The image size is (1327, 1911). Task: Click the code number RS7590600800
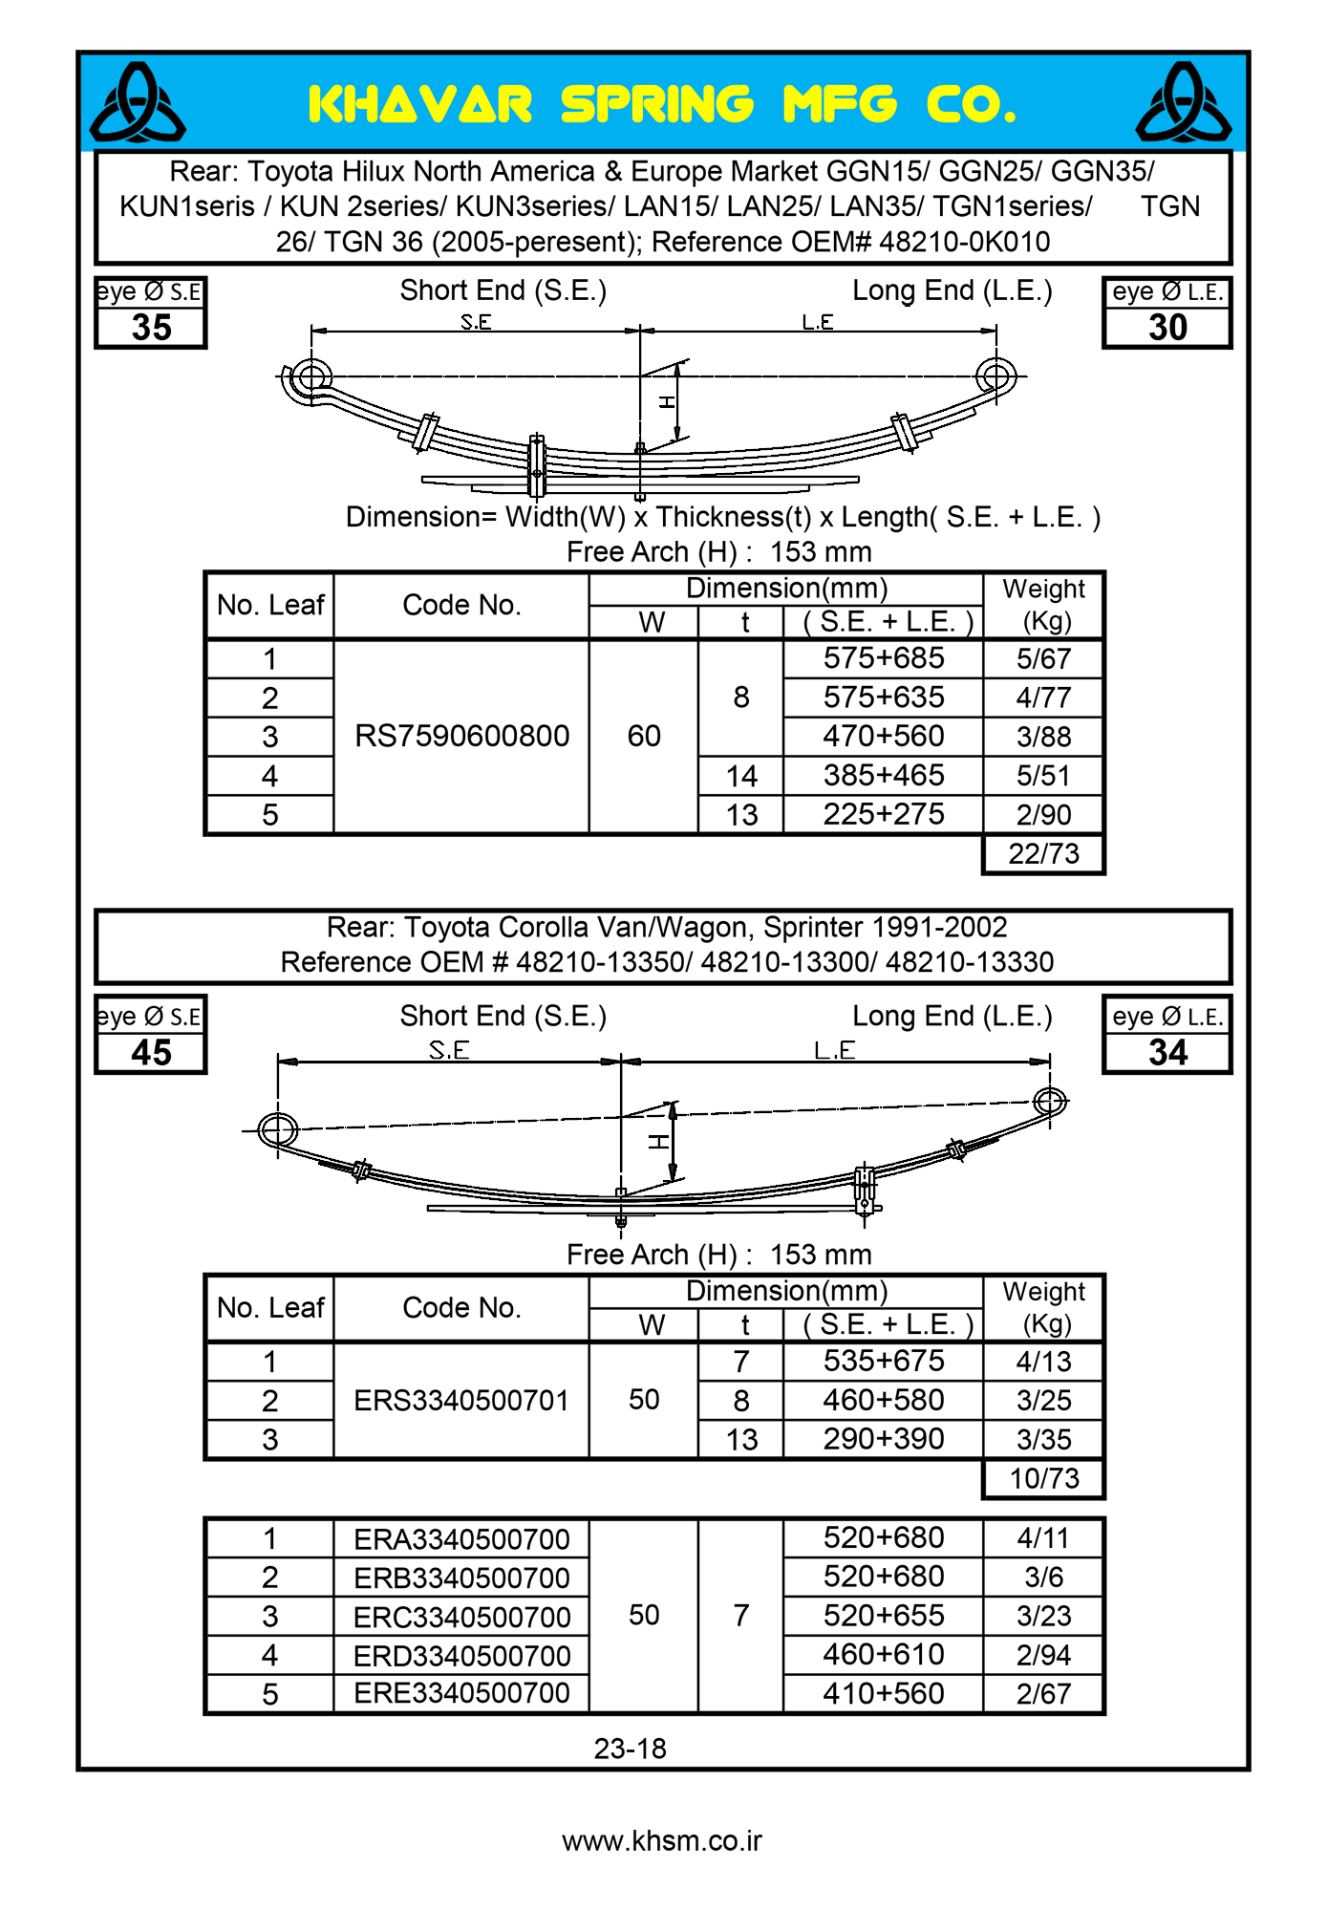tap(461, 736)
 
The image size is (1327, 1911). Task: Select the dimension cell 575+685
tap(883, 658)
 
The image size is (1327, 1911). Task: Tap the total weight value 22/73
tap(1043, 853)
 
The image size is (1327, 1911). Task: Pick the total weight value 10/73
tap(1043, 1478)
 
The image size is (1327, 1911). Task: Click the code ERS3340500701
tap(461, 1400)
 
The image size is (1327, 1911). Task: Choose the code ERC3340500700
tap(461, 1617)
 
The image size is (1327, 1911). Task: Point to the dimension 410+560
tap(883, 1693)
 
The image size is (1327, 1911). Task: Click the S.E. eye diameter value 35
tap(151, 328)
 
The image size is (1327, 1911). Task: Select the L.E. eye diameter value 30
tap(1166, 328)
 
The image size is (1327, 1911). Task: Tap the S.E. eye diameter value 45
tap(151, 1053)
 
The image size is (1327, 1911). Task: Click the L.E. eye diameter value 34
tap(1166, 1053)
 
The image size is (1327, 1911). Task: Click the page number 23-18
tap(630, 1749)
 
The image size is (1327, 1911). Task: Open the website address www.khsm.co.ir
tap(662, 1840)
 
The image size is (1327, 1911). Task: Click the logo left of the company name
tap(138, 102)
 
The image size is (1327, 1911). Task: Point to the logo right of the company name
tap(1184, 102)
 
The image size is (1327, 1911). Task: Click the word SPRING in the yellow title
tap(657, 104)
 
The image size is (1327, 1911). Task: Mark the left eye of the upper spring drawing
tap(310, 376)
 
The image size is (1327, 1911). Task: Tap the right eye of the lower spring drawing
tap(1050, 1101)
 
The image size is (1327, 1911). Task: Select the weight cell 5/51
tap(1043, 776)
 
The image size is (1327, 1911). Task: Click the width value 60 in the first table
tap(644, 736)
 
